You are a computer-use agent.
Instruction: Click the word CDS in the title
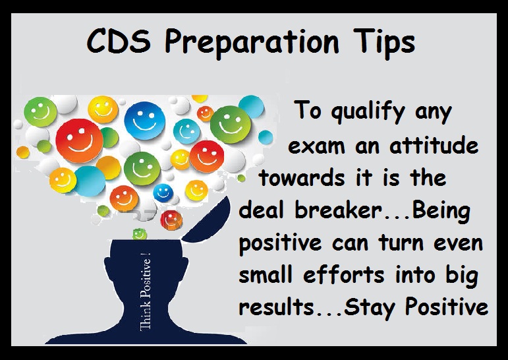click(119, 41)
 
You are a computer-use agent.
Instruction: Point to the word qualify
click(368, 112)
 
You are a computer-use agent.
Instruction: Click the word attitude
click(434, 145)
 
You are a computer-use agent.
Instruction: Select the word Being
click(441, 211)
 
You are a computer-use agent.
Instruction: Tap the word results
click(276, 306)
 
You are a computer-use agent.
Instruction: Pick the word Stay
click(369, 307)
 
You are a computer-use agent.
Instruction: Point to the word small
click(266, 274)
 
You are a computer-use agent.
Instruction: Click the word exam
click(316, 146)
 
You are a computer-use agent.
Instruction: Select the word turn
click(401, 243)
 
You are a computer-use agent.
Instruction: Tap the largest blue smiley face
click(144, 120)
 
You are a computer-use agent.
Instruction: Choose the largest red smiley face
click(79, 140)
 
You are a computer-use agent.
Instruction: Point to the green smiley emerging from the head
click(140, 234)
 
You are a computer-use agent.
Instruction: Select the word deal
click(261, 210)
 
